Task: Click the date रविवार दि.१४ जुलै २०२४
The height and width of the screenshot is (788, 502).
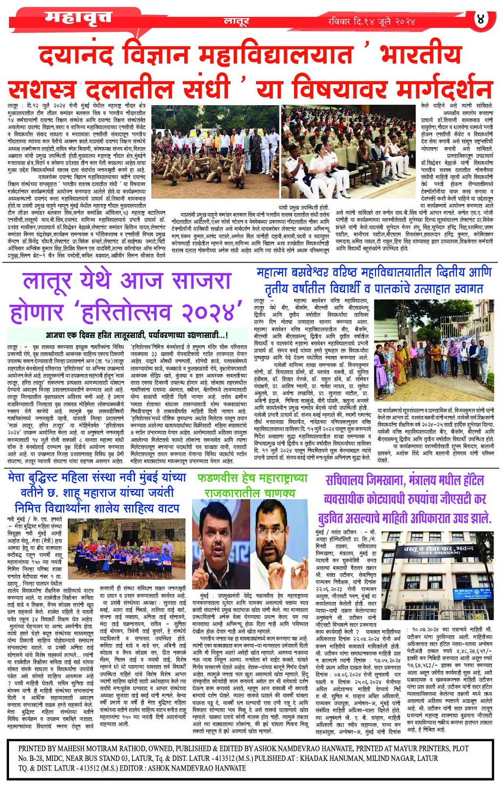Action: [x=372, y=22]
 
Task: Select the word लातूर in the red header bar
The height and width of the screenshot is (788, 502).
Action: [x=236, y=22]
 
